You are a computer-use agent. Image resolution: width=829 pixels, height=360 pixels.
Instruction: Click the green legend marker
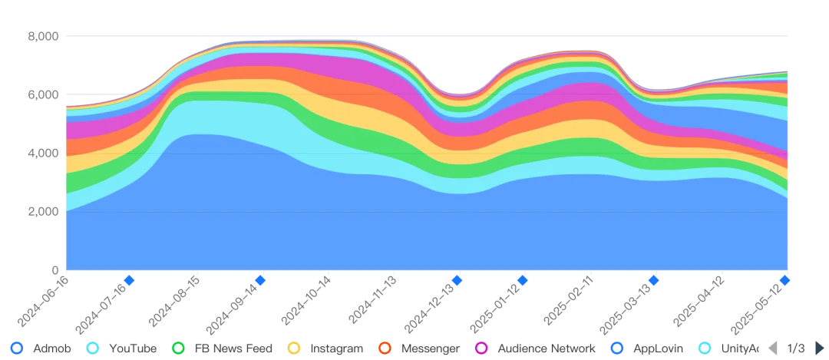tap(178, 348)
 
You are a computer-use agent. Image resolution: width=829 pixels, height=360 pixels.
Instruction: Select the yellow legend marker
tap(292, 348)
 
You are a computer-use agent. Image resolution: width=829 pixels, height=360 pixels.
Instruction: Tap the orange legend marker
tap(385, 348)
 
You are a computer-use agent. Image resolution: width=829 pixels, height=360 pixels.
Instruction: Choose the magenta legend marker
tap(481, 348)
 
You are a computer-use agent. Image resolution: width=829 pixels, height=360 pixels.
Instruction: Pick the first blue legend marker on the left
tap(18, 348)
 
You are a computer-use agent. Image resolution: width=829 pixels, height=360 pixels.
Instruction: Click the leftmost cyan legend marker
tap(93, 348)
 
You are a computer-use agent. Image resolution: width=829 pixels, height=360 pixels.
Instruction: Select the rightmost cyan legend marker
tap(703, 348)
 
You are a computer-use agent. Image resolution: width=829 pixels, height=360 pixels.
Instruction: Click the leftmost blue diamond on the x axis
tap(129, 280)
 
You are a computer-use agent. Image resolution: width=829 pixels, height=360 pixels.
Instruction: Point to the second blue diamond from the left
tap(260, 280)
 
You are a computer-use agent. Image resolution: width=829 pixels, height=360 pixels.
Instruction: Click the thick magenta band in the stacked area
tap(307, 61)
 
